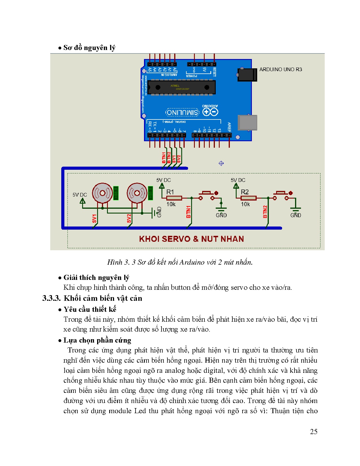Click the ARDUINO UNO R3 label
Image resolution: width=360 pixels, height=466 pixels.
click(x=280, y=69)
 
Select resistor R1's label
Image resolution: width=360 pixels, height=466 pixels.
click(x=170, y=192)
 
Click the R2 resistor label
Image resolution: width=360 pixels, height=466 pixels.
click(x=245, y=192)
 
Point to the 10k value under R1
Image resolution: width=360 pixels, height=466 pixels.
click(x=171, y=204)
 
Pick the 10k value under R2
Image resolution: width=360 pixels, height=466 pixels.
click(x=245, y=204)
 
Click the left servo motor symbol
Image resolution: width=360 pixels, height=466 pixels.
click(x=102, y=193)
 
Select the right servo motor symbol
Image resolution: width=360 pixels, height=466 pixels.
click(x=137, y=193)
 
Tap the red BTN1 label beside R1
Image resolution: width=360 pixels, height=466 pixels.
click(x=189, y=212)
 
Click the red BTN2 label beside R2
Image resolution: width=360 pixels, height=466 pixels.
click(x=265, y=212)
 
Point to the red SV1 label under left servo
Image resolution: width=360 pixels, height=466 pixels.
click(x=94, y=218)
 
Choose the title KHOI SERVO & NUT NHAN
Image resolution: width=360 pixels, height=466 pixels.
click(x=191, y=239)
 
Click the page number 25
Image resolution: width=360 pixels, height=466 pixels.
click(x=313, y=432)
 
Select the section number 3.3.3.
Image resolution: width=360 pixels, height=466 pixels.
click(x=51, y=298)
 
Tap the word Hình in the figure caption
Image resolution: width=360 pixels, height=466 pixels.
click(x=115, y=262)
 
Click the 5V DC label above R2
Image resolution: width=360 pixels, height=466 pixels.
click(x=238, y=180)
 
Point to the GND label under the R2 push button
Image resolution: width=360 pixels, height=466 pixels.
click(x=296, y=215)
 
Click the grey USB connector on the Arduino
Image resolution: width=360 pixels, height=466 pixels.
click(x=247, y=123)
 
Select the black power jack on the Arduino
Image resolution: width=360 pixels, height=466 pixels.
click(x=247, y=75)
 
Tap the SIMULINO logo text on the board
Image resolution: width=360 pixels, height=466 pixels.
click(x=182, y=112)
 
